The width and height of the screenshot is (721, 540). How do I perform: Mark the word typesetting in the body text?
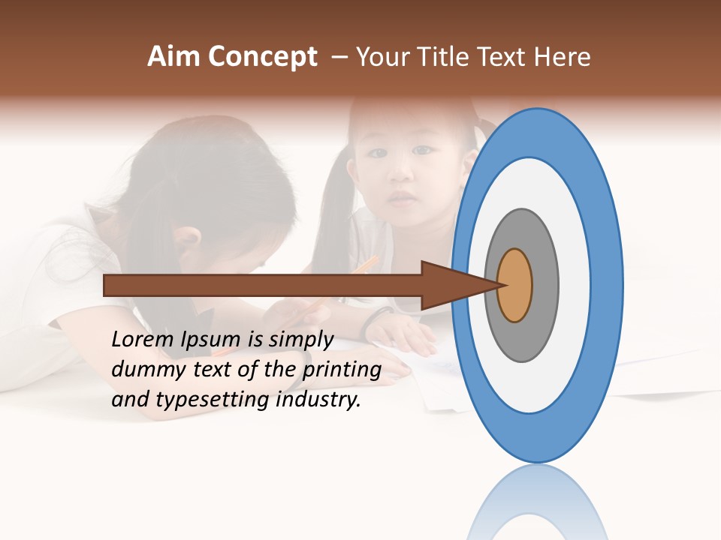213,400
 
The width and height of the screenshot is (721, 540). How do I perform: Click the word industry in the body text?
318,400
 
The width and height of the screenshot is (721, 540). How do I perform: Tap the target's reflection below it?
537,502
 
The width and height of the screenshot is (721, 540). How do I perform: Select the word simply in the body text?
300,340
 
